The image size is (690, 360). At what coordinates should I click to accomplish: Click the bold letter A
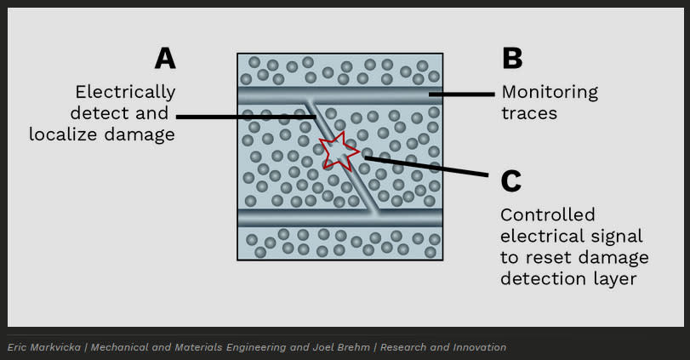(165, 58)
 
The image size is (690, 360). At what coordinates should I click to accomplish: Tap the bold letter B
(512, 58)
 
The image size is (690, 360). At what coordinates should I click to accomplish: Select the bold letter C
(510, 181)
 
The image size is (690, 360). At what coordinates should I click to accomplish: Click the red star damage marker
(339, 151)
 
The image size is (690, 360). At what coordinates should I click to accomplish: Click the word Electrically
(125, 93)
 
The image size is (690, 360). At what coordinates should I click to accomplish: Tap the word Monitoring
(550, 93)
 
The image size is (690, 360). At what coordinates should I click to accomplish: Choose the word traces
(529, 113)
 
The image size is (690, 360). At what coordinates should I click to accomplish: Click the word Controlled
(548, 214)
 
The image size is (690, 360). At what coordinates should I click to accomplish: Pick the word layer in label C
(615, 279)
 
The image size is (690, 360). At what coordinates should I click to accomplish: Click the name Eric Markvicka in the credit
(44, 347)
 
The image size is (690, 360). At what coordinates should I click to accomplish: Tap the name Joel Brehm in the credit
(341, 347)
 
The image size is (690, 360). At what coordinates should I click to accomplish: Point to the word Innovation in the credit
(480, 347)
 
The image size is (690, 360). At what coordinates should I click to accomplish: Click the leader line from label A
(247, 117)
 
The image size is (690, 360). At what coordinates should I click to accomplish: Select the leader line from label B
(462, 94)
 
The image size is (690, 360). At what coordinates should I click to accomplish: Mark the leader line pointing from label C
(426, 166)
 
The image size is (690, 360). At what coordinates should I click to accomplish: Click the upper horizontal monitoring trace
(340, 95)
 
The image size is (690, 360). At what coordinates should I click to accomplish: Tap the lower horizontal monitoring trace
(340, 218)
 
